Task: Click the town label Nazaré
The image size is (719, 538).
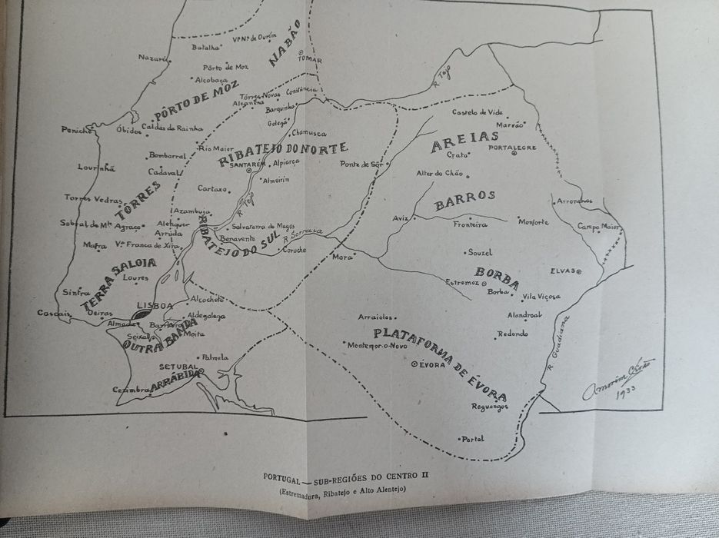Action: click(x=152, y=57)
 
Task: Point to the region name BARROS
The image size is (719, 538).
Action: click(x=464, y=197)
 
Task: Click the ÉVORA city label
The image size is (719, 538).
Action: click(x=432, y=364)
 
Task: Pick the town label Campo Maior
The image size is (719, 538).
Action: click(x=598, y=227)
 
